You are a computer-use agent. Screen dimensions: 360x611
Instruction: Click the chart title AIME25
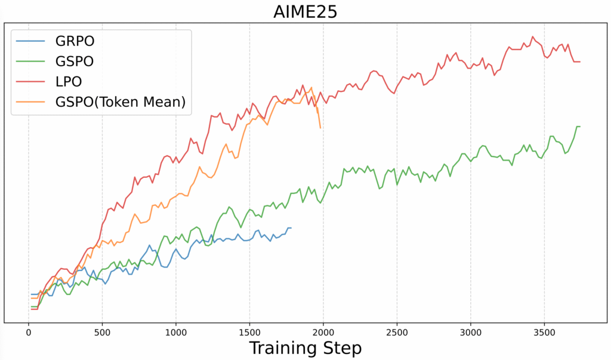coord(306,11)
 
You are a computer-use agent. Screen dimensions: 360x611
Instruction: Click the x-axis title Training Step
coord(305,347)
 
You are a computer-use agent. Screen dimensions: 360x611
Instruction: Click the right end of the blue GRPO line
coord(291,228)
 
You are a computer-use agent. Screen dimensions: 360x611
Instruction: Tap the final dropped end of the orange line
coord(320,127)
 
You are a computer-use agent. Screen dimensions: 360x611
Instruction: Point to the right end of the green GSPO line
coord(579,127)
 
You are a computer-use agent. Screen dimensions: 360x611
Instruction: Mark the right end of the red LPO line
coord(579,61)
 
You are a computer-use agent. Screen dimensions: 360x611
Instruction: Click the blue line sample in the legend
coord(30,41)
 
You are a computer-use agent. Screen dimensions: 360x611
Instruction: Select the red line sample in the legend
coord(30,82)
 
